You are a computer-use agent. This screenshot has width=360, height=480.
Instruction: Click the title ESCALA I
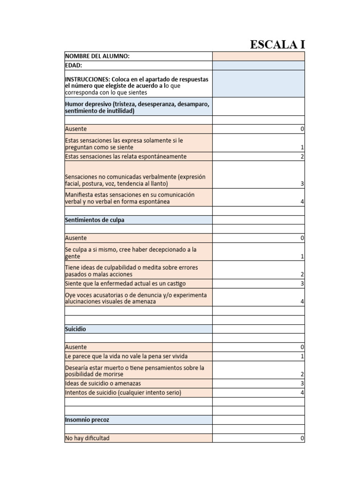tap(277, 45)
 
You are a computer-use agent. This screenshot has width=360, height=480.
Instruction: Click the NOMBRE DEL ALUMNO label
tap(97, 56)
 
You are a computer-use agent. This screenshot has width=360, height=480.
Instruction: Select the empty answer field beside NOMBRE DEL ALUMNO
tap(258, 56)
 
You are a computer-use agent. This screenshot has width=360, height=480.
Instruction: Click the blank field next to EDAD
tap(258, 66)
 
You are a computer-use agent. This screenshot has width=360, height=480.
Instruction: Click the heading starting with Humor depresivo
tap(137, 107)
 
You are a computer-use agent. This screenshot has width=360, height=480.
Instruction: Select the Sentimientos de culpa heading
tap(95, 220)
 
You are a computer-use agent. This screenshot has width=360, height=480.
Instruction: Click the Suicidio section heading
tap(75, 329)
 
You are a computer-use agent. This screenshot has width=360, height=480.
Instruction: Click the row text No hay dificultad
tap(88, 438)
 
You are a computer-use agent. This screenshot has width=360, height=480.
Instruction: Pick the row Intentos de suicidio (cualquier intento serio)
tap(123, 392)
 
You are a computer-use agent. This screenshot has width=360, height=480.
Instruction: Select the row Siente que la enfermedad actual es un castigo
tap(125, 284)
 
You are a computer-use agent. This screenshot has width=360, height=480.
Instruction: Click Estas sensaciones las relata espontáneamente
tap(126, 157)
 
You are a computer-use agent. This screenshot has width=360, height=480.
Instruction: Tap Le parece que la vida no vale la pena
tap(126, 356)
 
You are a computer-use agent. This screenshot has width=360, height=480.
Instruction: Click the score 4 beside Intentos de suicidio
tap(302, 393)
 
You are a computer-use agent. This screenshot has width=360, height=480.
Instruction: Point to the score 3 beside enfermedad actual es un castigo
tap(302, 284)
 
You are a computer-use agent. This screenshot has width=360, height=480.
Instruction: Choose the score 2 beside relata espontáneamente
tap(302, 157)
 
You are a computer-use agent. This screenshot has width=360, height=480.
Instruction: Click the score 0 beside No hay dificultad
tap(302, 439)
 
